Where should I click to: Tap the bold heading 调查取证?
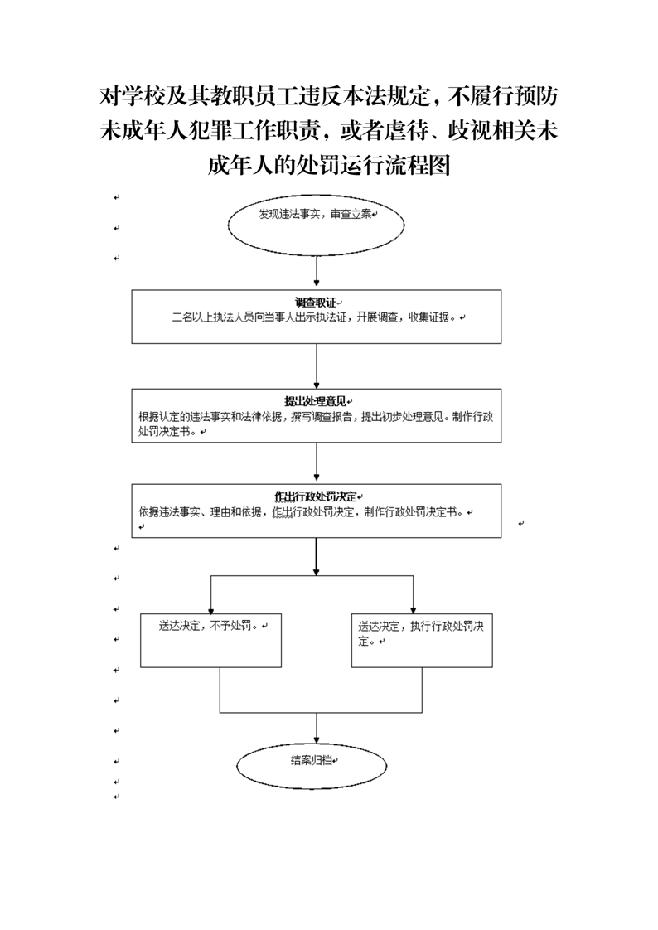click(x=316, y=303)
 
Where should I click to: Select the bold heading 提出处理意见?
click(x=316, y=401)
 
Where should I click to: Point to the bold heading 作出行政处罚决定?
click(x=316, y=497)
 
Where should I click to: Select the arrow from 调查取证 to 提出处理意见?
click(x=317, y=366)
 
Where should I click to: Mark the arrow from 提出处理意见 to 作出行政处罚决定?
click(x=317, y=463)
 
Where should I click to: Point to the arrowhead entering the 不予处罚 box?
click(x=211, y=610)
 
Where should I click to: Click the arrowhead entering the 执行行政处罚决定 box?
click(x=414, y=610)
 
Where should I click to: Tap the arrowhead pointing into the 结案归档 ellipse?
click(x=317, y=739)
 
